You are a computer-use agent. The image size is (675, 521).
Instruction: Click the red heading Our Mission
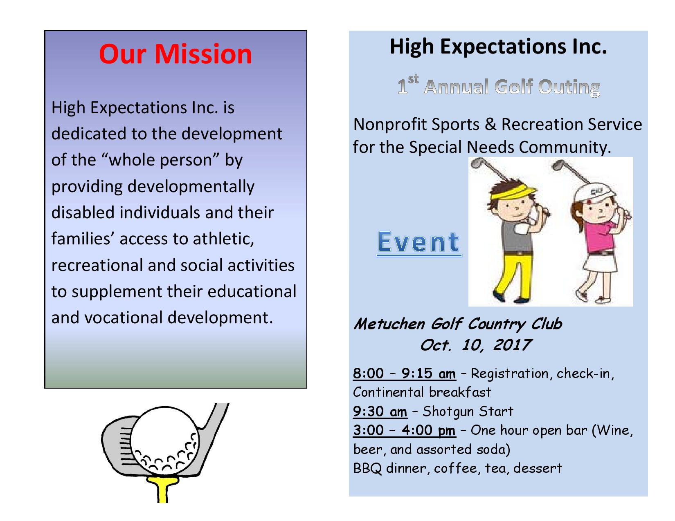click(175, 54)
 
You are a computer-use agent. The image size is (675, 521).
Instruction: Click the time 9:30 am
click(380, 411)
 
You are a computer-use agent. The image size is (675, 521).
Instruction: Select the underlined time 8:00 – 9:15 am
click(404, 373)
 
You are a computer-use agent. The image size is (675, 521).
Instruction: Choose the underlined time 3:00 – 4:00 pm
click(404, 430)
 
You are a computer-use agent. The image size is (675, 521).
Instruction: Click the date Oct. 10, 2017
click(476, 345)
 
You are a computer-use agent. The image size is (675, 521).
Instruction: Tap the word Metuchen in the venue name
click(389, 324)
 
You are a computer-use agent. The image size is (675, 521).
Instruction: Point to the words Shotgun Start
click(468, 412)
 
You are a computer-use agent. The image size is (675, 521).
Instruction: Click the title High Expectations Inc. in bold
click(498, 47)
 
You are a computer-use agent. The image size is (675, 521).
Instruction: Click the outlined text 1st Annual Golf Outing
click(498, 86)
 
